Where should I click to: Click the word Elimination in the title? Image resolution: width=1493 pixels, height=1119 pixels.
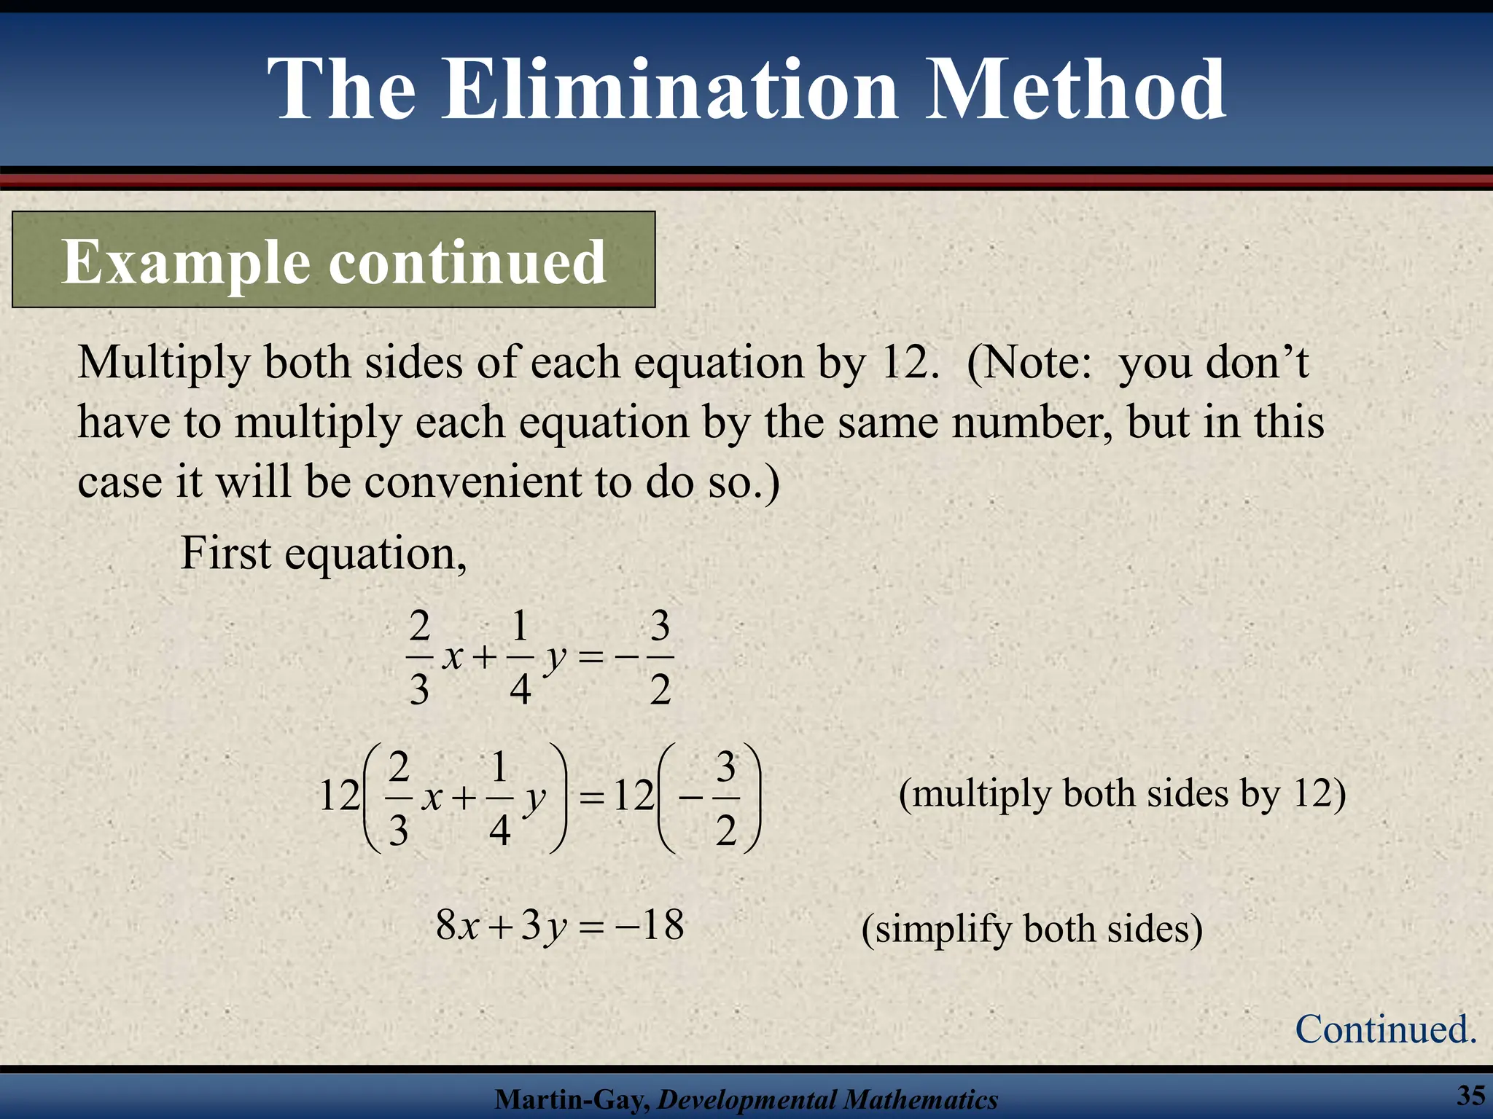(x=670, y=90)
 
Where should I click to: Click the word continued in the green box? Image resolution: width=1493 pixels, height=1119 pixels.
(x=467, y=262)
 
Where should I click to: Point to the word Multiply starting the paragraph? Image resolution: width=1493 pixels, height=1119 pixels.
(x=163, y=362)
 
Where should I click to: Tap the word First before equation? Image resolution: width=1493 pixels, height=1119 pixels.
(x=225, y=553)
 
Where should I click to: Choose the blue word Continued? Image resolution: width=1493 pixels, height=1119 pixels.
(x=1385, y=1029)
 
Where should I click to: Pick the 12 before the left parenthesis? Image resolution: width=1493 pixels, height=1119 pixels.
(x=339, y=796)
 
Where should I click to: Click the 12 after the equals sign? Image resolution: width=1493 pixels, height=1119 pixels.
(x=634, y=796)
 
